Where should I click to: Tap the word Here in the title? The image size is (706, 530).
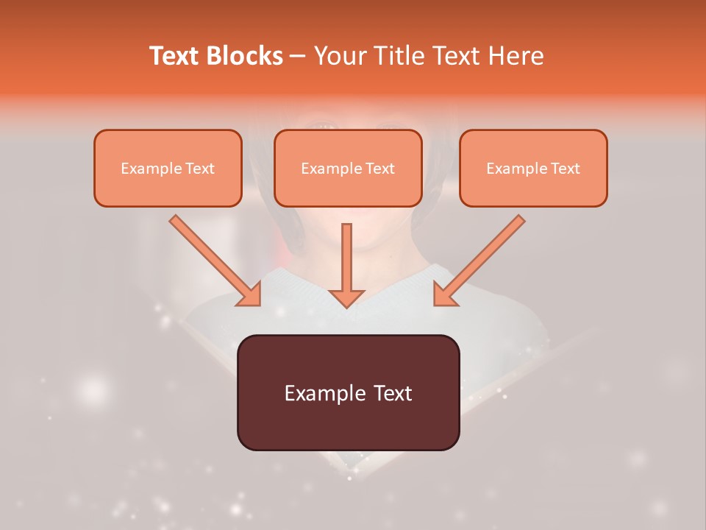[515, 56]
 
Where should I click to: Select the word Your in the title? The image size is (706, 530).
[340, 56]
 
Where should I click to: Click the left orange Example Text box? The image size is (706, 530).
[168, 168]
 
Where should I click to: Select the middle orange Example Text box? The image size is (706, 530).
[348, 168]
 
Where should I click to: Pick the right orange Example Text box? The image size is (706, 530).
[533, 168]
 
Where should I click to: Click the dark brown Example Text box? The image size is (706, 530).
[348, 392]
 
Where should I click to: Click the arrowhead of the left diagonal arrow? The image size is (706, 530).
[250, 295]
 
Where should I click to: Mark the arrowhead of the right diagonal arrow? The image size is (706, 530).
[444, 295]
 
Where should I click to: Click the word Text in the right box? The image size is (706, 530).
[566, 169]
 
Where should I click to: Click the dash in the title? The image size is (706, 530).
[298, 56]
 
